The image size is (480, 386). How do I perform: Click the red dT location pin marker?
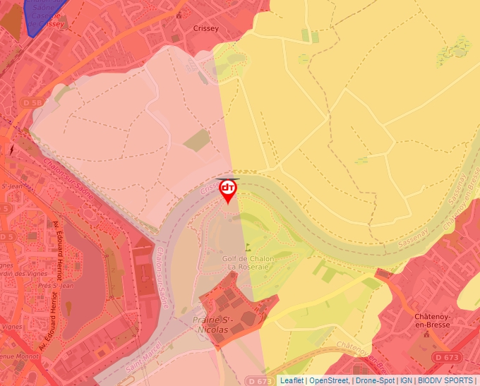coord(228,189)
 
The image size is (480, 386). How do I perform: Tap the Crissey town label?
coord(205,29)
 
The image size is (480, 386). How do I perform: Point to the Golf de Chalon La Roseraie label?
coord(248,262)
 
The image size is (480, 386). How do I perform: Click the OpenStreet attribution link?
coord(328,380)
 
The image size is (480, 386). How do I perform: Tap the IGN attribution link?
coord(406,380)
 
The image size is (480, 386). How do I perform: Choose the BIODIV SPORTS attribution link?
coord(445,380)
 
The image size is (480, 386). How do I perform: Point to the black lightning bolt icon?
coord(11,150)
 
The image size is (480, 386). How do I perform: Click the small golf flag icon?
coord(248,247)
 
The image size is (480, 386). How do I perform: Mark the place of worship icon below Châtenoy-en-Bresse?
coord(425,346)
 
